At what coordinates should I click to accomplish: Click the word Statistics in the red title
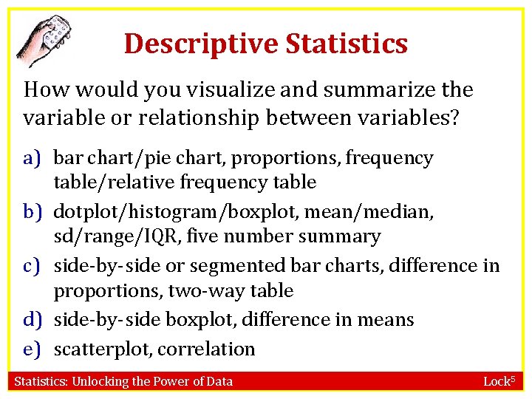347,44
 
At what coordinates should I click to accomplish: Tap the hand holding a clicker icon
45,38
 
